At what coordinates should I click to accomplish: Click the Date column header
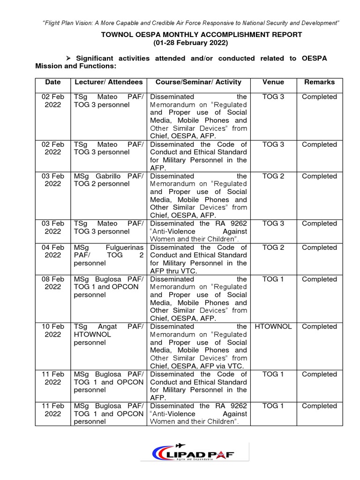[52, 82]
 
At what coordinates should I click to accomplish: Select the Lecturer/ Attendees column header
[109, 82]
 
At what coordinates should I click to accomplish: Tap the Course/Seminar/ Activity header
[198, 82]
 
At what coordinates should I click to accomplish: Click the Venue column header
[273, 82]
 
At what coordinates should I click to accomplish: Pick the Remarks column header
[319, 82]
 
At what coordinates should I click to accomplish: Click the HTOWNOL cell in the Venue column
[273, 327]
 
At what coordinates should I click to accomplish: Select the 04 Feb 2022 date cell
[52, 251]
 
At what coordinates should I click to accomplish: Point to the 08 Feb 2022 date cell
[52, 283]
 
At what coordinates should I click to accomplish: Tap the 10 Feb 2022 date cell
[52, 330]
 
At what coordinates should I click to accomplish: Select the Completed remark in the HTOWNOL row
[319, 327]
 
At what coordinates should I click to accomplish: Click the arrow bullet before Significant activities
[68, 58]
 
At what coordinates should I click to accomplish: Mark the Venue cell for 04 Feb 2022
[273, 247]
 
